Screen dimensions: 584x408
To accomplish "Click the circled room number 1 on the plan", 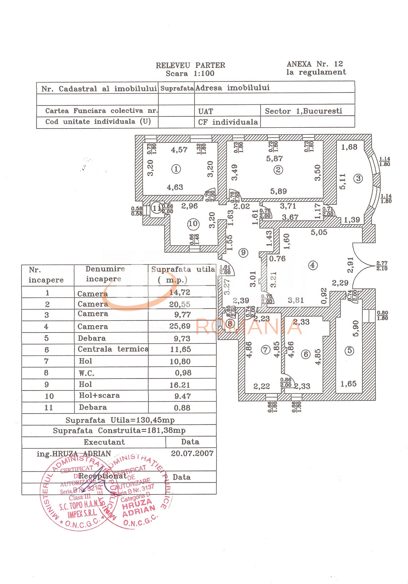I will click(x=176, y=169).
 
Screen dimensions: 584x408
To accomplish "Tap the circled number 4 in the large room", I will click(x=312, y=265).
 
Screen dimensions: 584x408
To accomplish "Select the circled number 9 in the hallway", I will click(x=243, y=253).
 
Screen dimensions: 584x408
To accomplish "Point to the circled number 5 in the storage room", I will click(x=349, y=351).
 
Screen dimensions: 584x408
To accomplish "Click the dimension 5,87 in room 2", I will click(x=274, y=158).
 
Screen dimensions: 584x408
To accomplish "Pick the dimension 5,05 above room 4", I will click(x=319, y=233).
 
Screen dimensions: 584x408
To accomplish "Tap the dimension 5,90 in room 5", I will click(x=356, y=328).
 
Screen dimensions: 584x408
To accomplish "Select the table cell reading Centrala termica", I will click(x=113, y=349).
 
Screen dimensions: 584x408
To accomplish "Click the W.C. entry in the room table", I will click(x=86, y=373).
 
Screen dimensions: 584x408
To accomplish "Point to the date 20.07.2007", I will click(x=192, y=453).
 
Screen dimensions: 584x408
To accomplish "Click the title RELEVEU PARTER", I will click(x=190, y=65).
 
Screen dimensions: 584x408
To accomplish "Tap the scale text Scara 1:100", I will click(x=190, y=73).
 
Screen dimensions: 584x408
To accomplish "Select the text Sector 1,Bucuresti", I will click(x=304, y=111).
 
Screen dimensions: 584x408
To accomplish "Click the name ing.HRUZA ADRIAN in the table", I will click(x=74, y=454).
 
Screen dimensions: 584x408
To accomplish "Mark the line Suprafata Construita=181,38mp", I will click(x=119, y=431).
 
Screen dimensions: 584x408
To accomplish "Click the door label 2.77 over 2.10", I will click(x=382, y=266).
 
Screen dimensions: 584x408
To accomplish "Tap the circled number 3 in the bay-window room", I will click(x=358, y=178).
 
